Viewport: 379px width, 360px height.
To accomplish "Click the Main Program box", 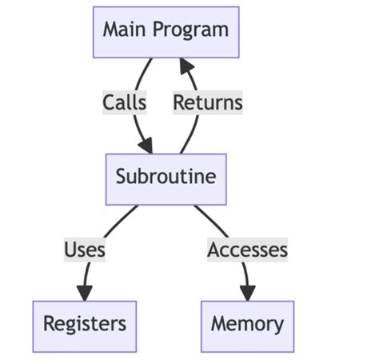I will (x=166, y=32).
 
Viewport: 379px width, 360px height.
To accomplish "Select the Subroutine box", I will (x=166, y=178).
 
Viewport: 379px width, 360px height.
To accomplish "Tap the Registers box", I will (x=84, y=326).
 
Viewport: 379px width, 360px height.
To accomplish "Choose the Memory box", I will (x=247, y=326).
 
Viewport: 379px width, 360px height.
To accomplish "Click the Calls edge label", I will (x=125, y=102).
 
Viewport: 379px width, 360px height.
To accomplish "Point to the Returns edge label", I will (x=208, y=102).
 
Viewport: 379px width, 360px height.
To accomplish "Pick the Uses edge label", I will (x=85, y=250).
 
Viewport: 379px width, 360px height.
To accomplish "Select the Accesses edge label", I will (x=247, y=250).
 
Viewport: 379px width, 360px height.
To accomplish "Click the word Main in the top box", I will (x=122, y=31).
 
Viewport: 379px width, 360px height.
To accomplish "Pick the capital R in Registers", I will (x=49, y=325).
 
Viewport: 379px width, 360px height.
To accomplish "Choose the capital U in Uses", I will (x=70, y=250).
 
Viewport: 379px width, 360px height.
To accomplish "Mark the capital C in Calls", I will (x=109, y=102).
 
